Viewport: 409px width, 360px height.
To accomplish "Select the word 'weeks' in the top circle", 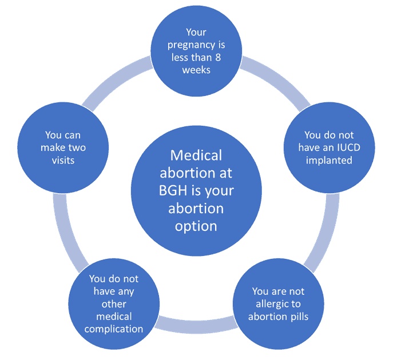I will [196, 70].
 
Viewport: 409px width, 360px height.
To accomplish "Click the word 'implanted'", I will [329, 161].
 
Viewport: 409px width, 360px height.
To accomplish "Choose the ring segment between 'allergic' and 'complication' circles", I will [195, 325].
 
